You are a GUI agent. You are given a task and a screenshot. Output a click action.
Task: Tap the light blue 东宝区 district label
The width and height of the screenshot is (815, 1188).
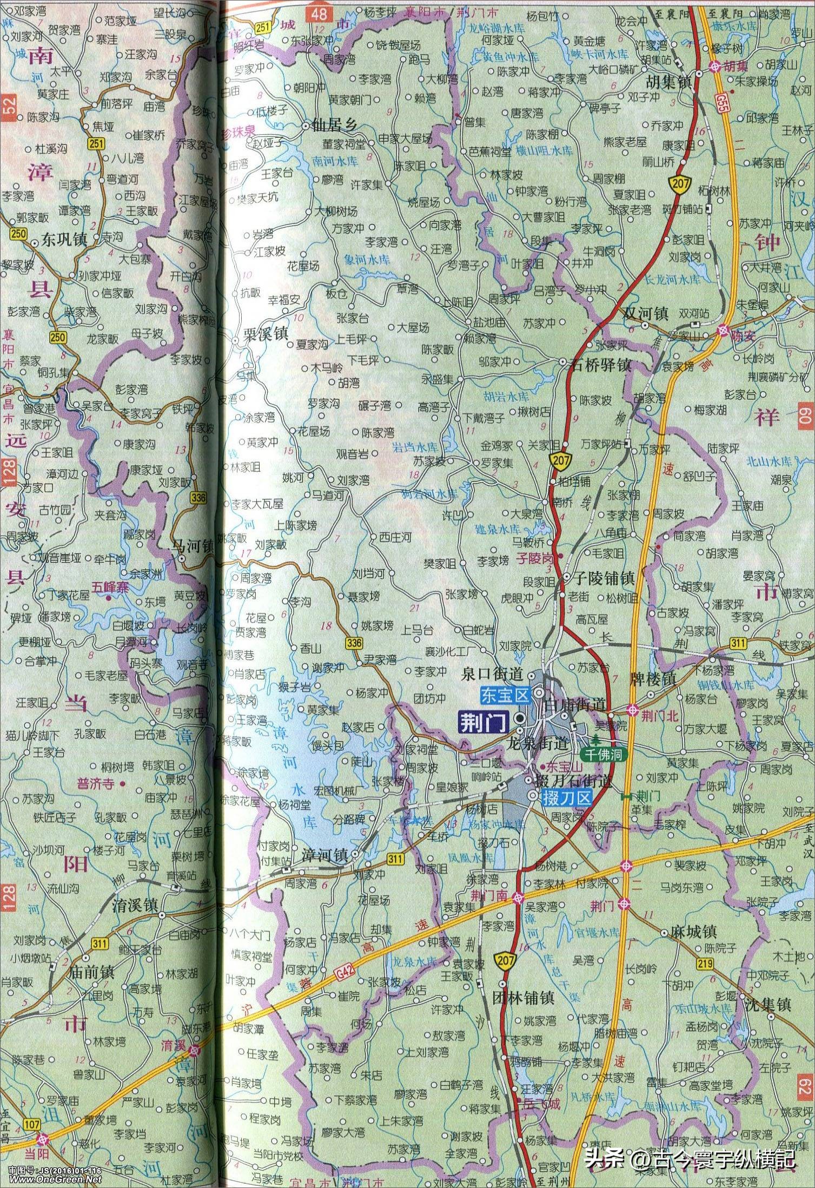(506, 695)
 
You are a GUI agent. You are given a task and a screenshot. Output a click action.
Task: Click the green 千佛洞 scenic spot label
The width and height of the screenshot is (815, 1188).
(604, 754)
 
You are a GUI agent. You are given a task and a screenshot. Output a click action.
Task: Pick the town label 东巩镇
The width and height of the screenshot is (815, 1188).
(64, 239)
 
